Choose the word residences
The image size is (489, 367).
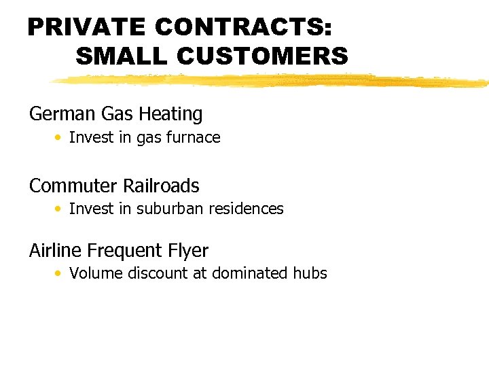click(x=247, y=209)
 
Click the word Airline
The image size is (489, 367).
click(x=56, y=251)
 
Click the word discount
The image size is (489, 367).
click(x=160, y=273)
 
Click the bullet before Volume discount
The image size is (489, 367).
click(x=60, y=274)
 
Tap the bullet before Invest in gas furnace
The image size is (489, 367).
click(x=60, y=138)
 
